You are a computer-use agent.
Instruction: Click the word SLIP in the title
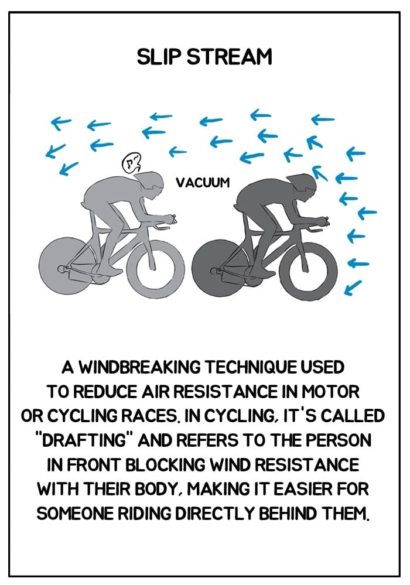point(159,57)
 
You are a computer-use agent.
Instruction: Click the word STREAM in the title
point(229,57)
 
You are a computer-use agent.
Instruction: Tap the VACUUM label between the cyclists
point(203,183)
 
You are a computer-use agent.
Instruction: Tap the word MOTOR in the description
point(330,391)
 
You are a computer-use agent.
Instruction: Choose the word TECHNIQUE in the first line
point(251,367)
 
